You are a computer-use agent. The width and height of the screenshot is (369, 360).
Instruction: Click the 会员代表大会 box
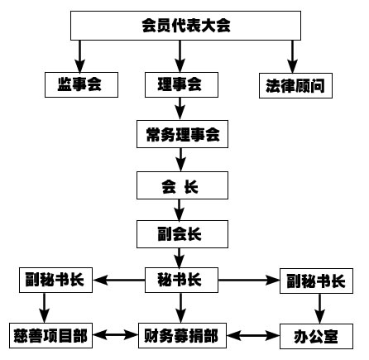(x=185, y=26)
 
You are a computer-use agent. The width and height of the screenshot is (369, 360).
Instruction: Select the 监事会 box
(x=81, y=84)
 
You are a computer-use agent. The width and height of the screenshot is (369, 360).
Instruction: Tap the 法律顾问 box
(x=295, y=85)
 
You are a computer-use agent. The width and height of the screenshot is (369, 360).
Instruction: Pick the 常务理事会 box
(x=182, y=134)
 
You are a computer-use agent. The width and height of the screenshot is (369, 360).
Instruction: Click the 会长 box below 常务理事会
(x=182, y=185)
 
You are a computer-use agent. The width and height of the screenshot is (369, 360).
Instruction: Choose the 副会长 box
(x=182, y=234)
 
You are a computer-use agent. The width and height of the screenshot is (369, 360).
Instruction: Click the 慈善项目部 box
(x=50, y=336)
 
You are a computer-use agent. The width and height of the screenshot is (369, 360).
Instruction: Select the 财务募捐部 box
(x=182, y=336)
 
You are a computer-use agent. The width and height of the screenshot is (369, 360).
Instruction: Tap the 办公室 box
(x=316, y=336)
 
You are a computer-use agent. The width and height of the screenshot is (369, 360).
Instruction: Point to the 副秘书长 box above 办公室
(x=316, y=281)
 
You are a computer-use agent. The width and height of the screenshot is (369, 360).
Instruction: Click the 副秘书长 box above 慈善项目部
(x=55, y=280)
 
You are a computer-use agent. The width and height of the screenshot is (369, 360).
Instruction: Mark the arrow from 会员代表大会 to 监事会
(x=80, y=56)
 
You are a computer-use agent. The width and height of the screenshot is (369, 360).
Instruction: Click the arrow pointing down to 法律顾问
(x=293, y=56)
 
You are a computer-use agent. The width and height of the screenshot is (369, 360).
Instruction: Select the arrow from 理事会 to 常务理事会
(x=180, y=108)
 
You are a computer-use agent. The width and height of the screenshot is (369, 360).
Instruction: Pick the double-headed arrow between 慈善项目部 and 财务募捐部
(x=115, y=335)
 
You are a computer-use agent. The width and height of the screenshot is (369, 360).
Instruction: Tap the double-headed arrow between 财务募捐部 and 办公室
(x=253, y=336)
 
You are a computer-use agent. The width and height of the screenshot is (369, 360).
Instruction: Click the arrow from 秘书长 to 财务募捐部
(x=180, y=308)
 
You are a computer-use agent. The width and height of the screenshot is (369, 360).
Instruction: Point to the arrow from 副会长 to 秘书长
(x=180, y=257)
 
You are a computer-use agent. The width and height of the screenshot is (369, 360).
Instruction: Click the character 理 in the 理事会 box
(x=165, y=84)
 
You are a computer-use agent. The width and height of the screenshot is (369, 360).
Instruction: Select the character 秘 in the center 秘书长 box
(x=165, y=280)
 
